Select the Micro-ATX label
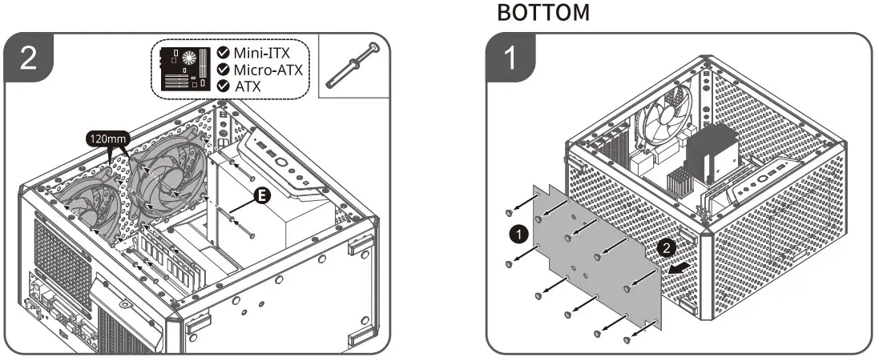pyautogui.click(x=268, y=70)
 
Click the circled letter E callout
pyautogui.click(x=262, y=195)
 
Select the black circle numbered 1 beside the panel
pyautogui.click(x=518, y=234)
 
